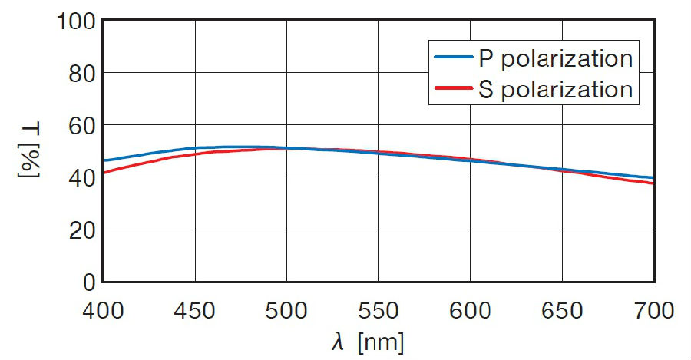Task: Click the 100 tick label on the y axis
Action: (75, 21)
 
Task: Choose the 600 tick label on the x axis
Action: (471, 311)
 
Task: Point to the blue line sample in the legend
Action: (453, 58)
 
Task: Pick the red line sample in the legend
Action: (453, 88)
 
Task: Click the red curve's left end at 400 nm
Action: (105, 173)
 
